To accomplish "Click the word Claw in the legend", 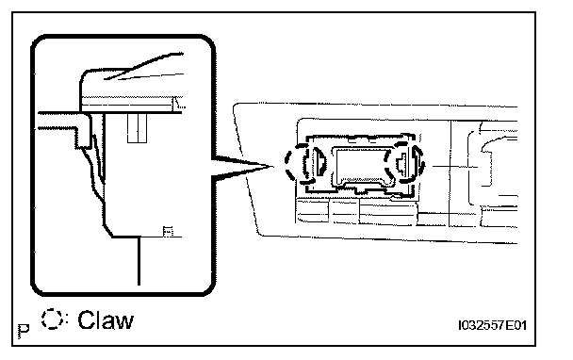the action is click(106, 320).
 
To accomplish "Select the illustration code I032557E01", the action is click(492, 325).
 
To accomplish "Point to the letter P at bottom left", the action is click(24, 331).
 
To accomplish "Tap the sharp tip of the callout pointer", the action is click(273, 166).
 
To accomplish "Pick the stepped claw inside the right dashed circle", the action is click(401, 162).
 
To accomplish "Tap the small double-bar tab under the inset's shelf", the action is click(137, 128).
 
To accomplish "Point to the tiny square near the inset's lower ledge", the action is click(168, 231).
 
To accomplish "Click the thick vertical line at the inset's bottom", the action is click(139, 261).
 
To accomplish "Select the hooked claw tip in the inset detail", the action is click(98, 157).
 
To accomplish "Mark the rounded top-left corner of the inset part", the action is click(85, 74).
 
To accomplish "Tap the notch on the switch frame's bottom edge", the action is click(362, 189).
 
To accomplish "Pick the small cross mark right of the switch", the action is click(453, 167).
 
